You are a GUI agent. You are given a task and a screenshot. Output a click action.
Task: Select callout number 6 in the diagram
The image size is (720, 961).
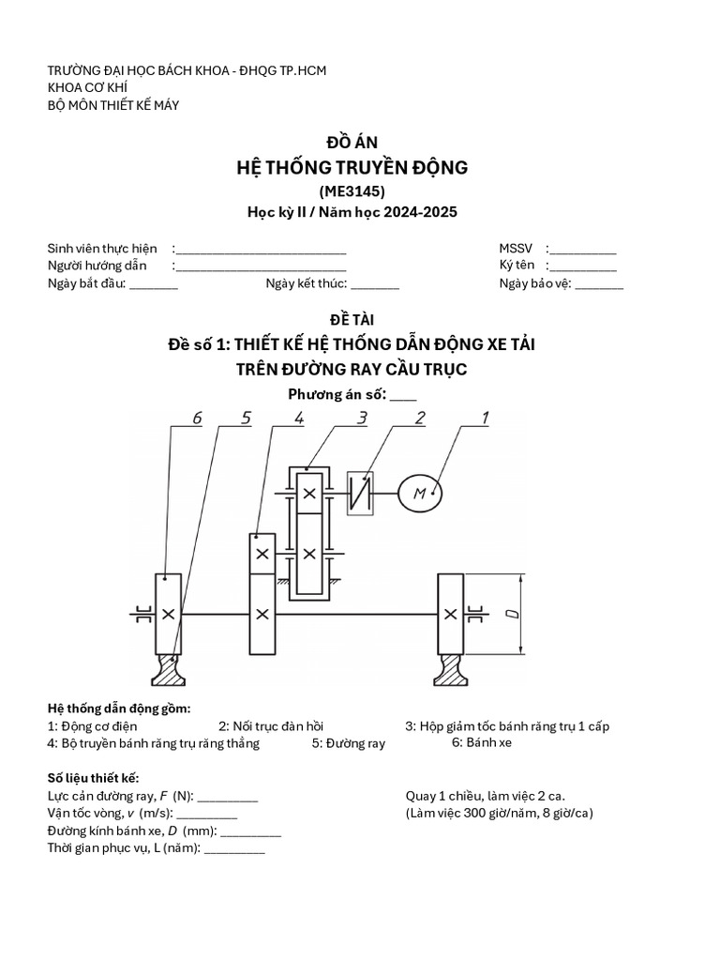[x=197, y=419]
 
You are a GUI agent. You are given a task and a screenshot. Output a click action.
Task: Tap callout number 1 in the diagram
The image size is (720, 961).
[x=485, y=419]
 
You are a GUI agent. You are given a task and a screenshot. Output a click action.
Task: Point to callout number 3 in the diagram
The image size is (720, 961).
[x=361, y=419]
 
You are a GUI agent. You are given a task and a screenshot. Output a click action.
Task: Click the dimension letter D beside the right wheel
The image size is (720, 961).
[x=511, y=615]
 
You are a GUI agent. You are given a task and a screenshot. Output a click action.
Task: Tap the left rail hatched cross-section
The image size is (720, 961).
[x=168, y=669]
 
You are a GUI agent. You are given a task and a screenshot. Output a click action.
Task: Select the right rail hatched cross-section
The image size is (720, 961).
[x=451, y=669]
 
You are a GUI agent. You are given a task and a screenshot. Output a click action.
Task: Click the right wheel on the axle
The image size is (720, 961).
[x=451, y=614]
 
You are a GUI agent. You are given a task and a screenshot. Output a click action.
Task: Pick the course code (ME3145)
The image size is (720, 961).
[x=352, y=191]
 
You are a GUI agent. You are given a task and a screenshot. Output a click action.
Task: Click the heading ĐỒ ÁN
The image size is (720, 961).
[x=352, y=142]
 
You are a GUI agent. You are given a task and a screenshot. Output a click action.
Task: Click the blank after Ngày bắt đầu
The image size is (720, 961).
[x=154, y=285]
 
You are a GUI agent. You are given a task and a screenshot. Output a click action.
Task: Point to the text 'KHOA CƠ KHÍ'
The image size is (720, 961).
[x=87, y=88]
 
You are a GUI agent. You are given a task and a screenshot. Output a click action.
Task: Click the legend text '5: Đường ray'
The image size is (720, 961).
[x=349, y=743]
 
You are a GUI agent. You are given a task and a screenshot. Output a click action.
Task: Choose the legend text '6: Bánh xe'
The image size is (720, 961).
[x=482, y=742]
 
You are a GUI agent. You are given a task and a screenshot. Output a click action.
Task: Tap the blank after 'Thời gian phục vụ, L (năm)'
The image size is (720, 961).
[x=234, y=849]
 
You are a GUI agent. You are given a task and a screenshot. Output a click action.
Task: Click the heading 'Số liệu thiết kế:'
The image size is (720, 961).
[x=93, y=779]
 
